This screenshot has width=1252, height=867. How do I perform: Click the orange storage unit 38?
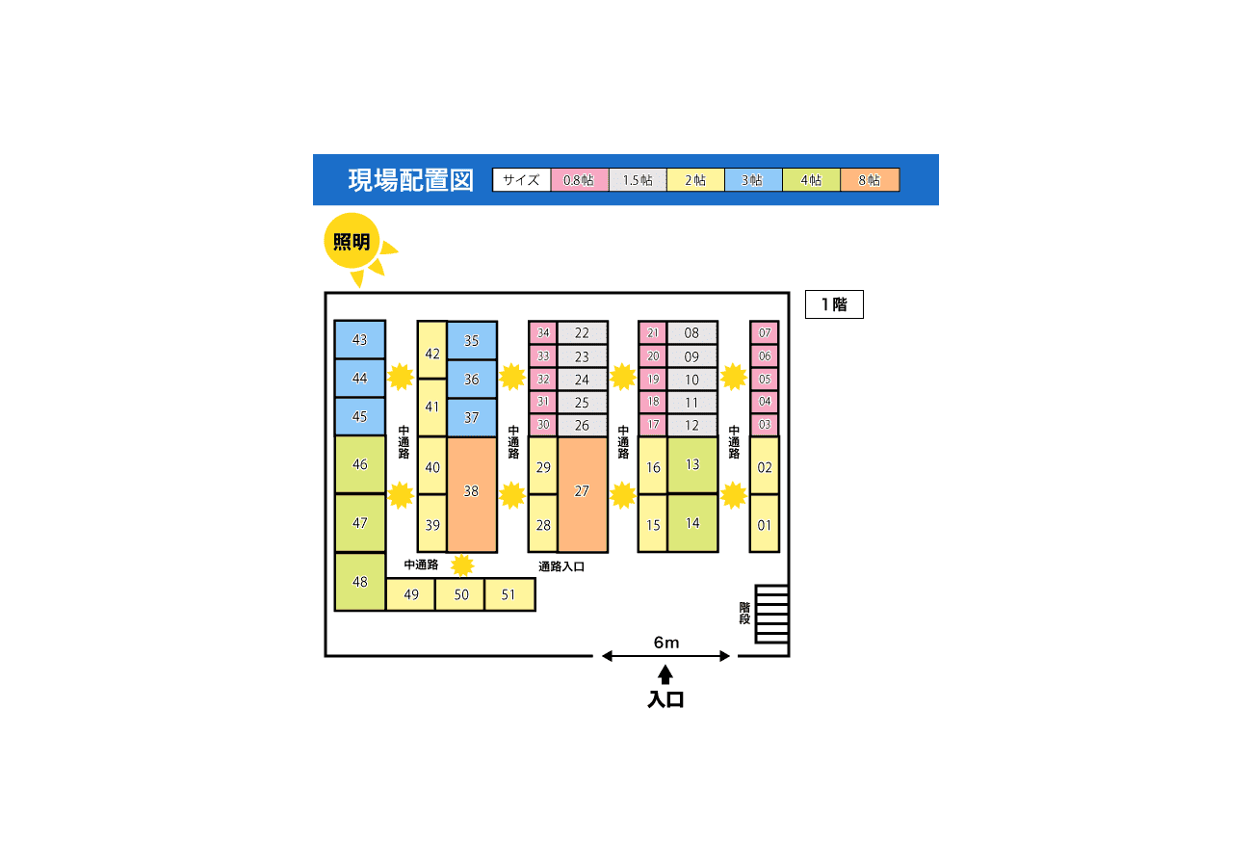(471, 494)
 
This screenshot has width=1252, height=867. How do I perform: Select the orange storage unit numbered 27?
(582, 494)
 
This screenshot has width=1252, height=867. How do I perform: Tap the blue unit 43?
(360, 340)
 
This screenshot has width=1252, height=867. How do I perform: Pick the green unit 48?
(360, 582)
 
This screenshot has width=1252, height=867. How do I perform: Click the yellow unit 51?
(509, 594)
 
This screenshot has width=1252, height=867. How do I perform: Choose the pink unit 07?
(765, 333)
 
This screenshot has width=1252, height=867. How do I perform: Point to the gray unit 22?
(582, 333)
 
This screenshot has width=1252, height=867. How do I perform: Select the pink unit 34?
(543, 333)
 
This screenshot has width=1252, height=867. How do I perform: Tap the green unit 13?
(692, 464)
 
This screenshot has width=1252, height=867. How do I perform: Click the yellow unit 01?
(765, 524)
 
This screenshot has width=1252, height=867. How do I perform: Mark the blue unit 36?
(471, 380)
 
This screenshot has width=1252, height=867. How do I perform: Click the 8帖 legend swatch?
(870, 180)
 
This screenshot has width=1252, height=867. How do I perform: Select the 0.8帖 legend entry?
(580, 180)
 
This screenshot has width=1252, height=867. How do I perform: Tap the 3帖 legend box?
(753, 180)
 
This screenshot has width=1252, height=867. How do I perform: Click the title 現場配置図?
(410, 180)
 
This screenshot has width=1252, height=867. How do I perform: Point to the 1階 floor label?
(834, 304)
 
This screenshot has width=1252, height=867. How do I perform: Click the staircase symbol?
(771, 614)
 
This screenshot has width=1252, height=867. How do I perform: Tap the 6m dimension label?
(665, 643)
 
